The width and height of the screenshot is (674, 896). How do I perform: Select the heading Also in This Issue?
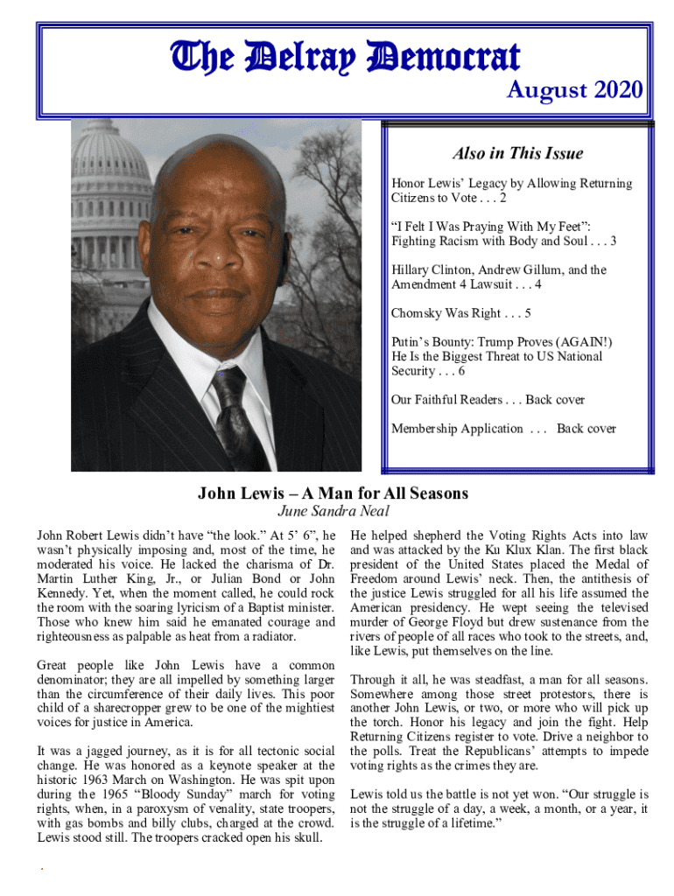pyautogui.click(x=517, y=154)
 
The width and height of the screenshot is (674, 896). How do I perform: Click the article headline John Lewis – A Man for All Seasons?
pyautogui.click(x=333, y=493)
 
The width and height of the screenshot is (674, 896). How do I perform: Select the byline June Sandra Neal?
pyautogui.click(x=333, y=512)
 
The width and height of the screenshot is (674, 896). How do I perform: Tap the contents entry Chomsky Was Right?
pyautogui.click(x=461, y=313)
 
